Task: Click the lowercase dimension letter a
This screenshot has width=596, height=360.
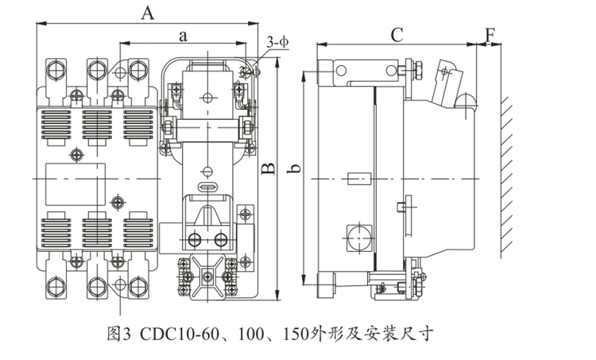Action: [184, 36]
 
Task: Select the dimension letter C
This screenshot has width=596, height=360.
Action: [397, 34]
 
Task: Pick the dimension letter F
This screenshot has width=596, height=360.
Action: [490, 35]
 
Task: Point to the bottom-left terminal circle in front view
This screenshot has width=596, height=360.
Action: [57, 285]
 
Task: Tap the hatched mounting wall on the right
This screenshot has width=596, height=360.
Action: [505, 171]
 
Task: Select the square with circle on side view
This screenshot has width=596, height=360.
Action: [355, 235]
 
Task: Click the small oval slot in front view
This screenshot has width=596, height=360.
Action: [207, 188]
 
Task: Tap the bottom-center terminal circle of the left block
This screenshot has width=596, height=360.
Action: [99, 285]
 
